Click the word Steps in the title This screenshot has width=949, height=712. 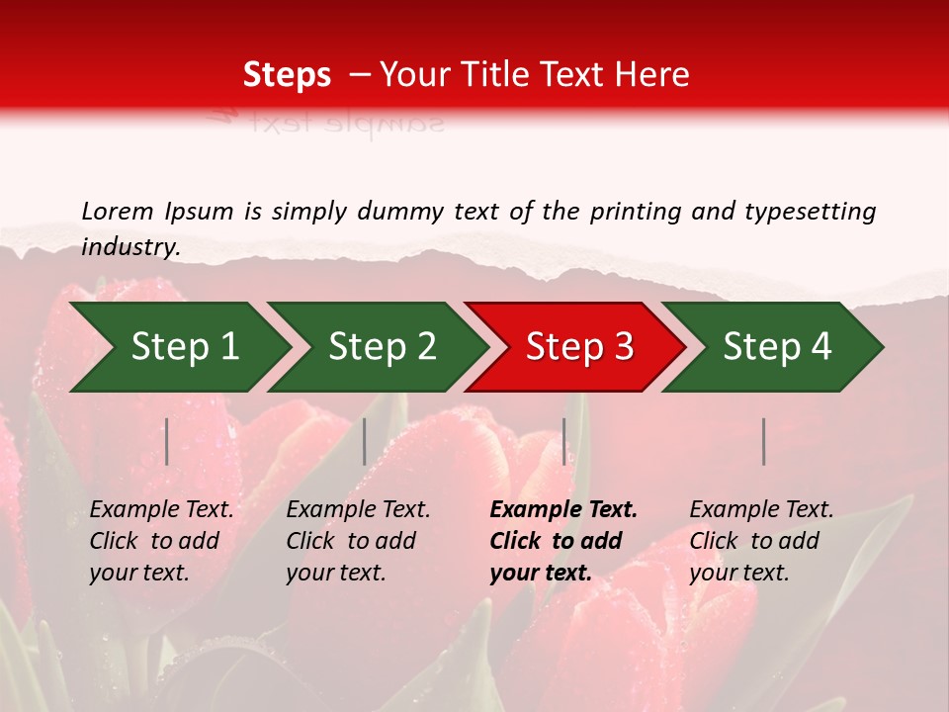(287, 75)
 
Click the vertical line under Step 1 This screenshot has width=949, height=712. (167, 441)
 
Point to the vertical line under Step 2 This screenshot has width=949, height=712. (365, 441)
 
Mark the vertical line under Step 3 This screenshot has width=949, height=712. (564, 441)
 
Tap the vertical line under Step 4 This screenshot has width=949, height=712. (764, 441)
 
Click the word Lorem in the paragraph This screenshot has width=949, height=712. (117, 211)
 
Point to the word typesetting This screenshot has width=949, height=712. (810, 212)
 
